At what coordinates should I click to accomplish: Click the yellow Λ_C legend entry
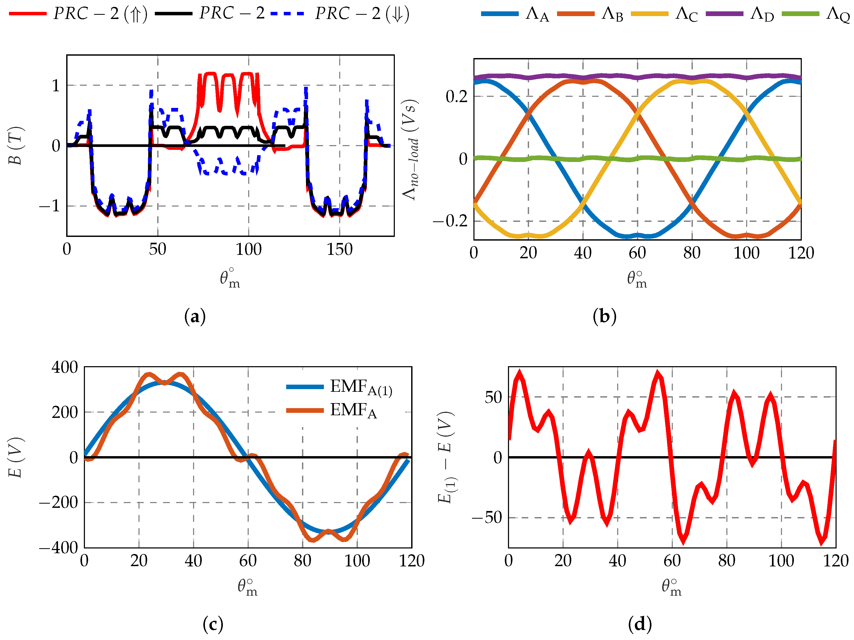(664, 14)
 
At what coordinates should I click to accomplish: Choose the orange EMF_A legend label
(353, 410)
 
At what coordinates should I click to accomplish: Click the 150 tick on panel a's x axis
(339, 250)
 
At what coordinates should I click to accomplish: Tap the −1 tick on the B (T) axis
(49, 206)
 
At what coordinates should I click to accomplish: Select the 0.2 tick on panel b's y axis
(456, 97)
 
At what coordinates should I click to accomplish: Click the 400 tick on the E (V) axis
(64, 367)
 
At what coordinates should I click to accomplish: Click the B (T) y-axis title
(16, 146)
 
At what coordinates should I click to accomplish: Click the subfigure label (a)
(195, 317)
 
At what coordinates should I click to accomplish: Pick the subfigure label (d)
(640, 624)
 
